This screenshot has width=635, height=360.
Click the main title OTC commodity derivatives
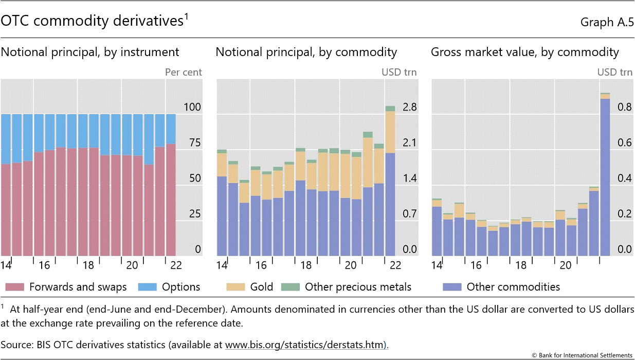tap(93, 21)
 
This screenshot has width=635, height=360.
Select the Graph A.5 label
tap(606, 22)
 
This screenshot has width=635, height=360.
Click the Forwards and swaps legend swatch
tap(14, 287)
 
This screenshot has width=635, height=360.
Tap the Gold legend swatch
tap(236, 287)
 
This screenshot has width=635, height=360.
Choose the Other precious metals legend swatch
tap(291, 287)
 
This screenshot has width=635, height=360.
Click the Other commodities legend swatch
tap(452, 287)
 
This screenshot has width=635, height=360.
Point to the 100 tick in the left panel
tap(192, 107)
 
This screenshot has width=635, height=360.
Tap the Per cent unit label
tap(184, 72)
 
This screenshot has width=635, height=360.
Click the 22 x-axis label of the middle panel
tap(395, 265)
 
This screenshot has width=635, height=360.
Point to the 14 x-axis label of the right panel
tap(437, 265)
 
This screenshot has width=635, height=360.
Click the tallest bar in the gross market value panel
tap(605, 175)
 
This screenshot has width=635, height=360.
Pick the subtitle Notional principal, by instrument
tap(90, 52)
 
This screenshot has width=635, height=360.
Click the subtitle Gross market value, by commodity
tap(525, 52)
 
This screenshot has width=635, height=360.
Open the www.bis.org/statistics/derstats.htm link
tap(305, 344)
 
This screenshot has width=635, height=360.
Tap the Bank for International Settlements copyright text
tap(581, 355)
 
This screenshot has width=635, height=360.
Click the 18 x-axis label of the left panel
tap(88, 265)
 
